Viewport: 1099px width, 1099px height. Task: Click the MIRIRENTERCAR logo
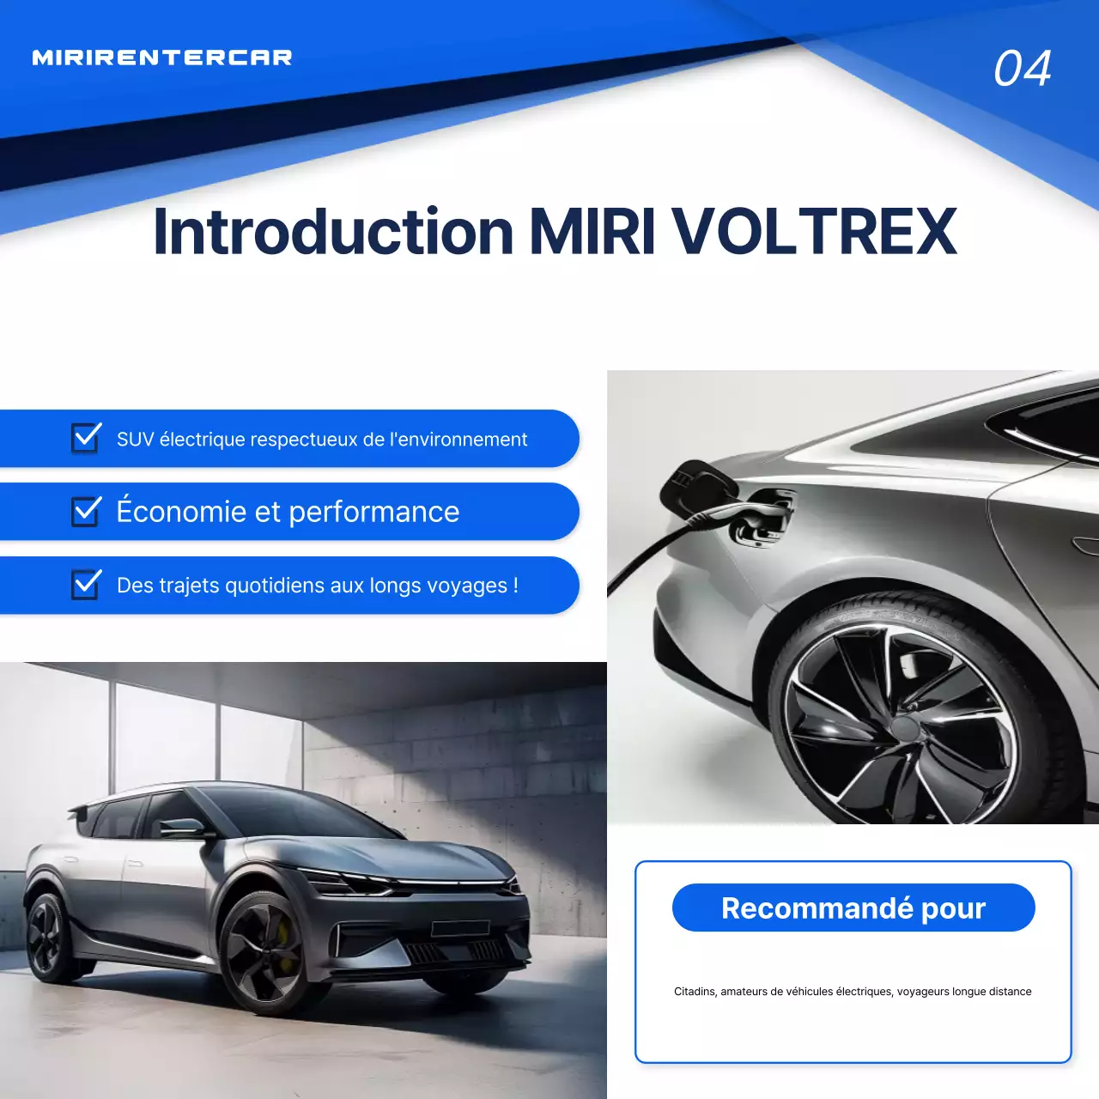[162, 58]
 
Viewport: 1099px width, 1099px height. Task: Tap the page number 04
[1022, 69]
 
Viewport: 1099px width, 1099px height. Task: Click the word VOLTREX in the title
[814, 232]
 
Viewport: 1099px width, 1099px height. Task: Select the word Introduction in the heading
[333, 232]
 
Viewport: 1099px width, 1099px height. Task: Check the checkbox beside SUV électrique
[86, 438]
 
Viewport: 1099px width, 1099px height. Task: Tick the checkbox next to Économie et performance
[86, 511]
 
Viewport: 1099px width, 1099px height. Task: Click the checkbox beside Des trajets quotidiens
[86, 585]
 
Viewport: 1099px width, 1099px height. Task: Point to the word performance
[373, 513]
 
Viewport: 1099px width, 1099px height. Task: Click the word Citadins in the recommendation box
[695, 992]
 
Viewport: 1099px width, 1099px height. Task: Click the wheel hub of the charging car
[905, 726]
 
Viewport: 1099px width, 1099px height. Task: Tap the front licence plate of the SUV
[460, 928]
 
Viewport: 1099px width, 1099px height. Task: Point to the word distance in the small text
[1010, 992]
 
